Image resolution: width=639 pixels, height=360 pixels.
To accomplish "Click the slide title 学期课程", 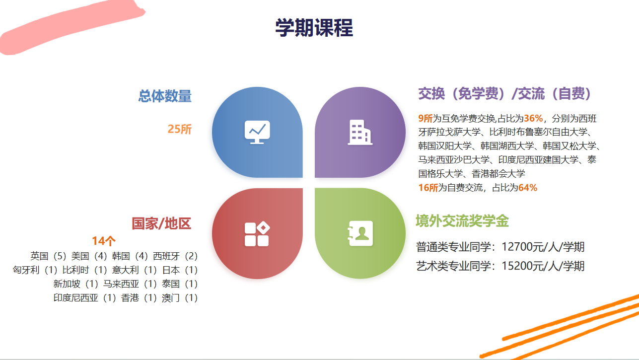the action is (x=314, y=28).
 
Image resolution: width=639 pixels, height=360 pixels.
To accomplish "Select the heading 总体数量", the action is (x=165, y=96).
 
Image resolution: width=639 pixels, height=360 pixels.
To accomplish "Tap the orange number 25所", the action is (x=179, y=129).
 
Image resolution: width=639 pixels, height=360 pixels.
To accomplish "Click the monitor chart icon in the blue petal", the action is (x=257, y=132).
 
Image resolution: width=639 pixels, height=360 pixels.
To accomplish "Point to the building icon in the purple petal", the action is (x=360, y=133).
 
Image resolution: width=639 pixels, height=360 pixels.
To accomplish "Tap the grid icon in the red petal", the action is (x=257, y=234).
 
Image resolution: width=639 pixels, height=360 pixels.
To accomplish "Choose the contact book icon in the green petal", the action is (x=360, y=233).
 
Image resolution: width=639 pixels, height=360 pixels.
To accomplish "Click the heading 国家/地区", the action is (x=161, y=223).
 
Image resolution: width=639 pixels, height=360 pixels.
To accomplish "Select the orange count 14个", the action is (x=104, y=241).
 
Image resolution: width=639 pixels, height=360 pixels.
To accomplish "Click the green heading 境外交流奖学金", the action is (x=462, y=221).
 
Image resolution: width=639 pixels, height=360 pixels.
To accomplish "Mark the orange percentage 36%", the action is (x=533, y=118).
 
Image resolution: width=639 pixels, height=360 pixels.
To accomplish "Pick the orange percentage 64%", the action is (x=528, y=188).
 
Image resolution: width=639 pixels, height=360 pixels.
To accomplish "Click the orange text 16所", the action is (x=428, y=188).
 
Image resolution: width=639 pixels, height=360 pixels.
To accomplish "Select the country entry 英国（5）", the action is (x=49, y=256).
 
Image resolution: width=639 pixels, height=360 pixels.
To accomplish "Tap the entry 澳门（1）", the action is (x=180, y=298).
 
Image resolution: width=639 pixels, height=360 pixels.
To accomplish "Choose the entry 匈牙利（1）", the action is (x=35, y=270).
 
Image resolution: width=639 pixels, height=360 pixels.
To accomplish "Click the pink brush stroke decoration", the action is (x=71, y=27).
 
